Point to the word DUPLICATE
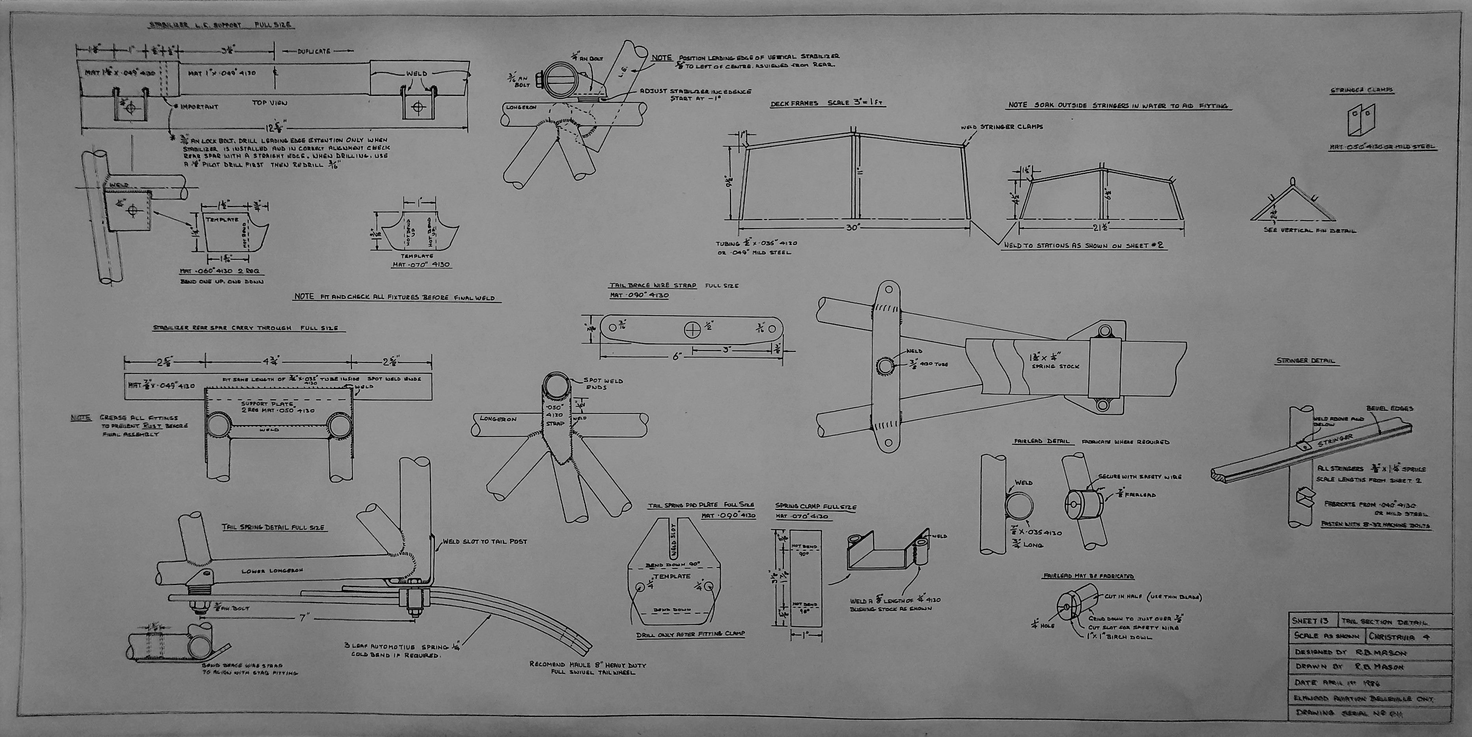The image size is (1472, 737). (x=314, y=51)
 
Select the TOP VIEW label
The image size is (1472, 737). (x=269, y=103)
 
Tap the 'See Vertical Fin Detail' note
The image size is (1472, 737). (x=1310, y=231)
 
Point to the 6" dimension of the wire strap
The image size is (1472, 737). (x=677, y=355)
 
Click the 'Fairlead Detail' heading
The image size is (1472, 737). (x=1043, y=441)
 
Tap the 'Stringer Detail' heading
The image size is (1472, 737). (x=1305, y=361)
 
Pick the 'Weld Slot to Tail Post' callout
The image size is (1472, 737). (x=485, y=541)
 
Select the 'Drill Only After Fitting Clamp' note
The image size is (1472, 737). (x=690, y=634)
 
